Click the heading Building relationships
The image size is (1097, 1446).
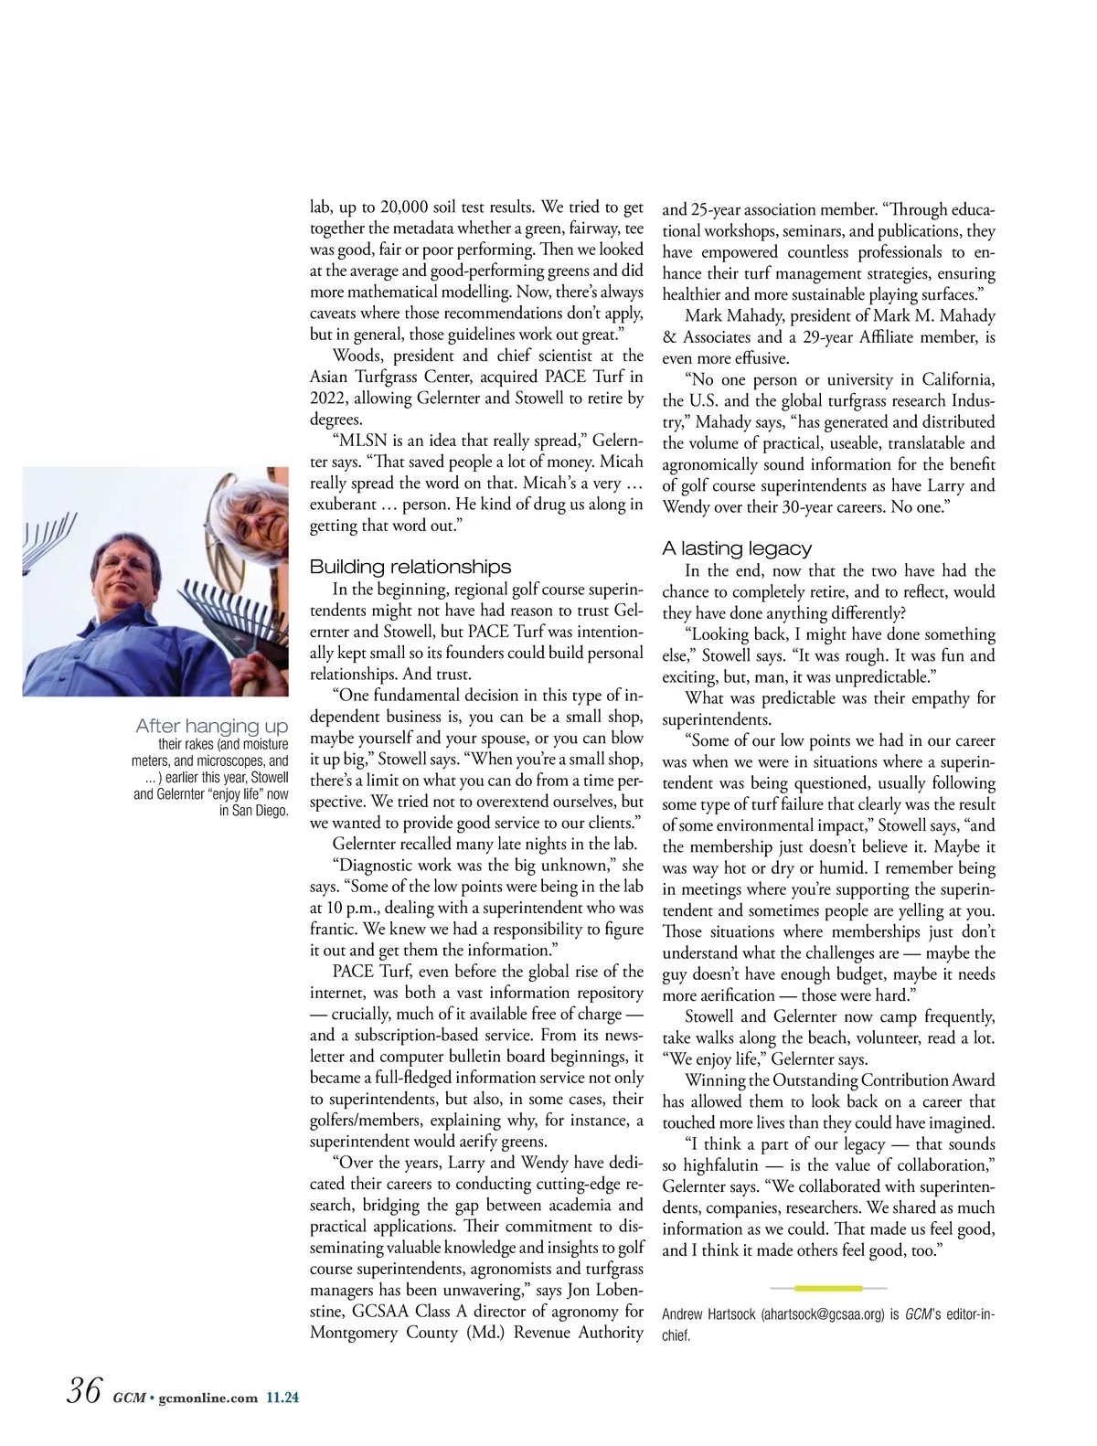[x=410, y=567]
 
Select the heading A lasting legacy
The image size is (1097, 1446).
[x=737, y=548]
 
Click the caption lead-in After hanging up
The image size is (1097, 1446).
[x=211, y=726]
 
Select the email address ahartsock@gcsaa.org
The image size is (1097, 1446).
[x=824, y=1314]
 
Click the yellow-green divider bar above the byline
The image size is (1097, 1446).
[x=828, y=1288]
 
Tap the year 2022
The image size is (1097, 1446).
[x=329, y=399]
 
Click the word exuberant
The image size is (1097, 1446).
[x=343, y=505]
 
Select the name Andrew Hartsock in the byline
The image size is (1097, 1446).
[x=708, y=1314]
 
